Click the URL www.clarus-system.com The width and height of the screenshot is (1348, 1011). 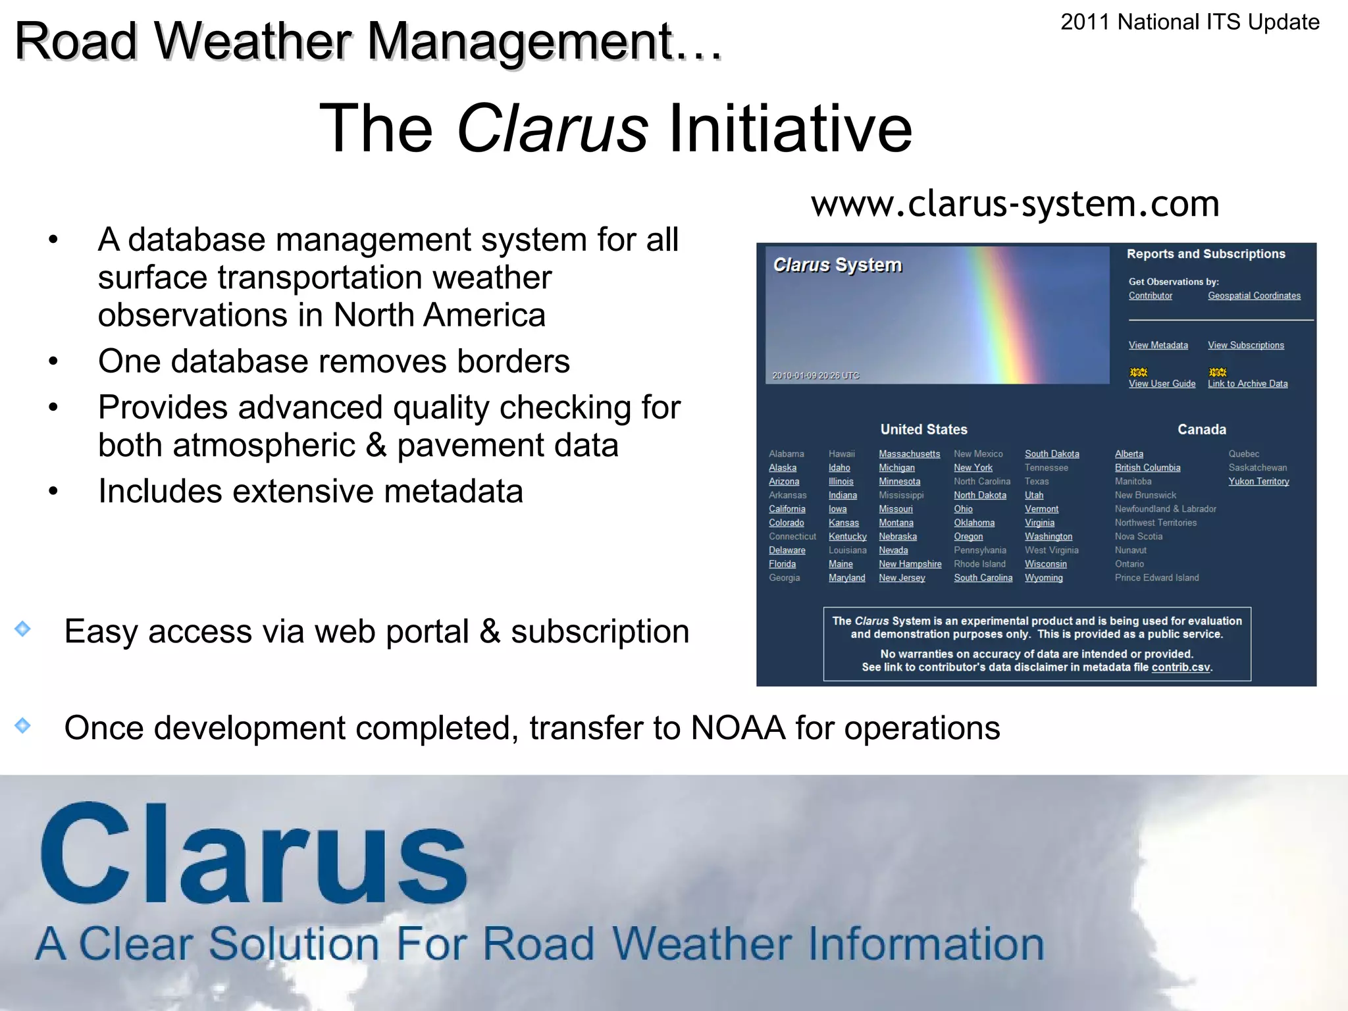[x=1015, y=204]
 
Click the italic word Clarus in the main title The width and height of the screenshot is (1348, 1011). [x=552, y=128]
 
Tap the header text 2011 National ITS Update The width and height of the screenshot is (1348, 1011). [x=1189, y=22]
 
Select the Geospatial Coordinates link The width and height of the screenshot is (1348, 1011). [x=1254, y=296]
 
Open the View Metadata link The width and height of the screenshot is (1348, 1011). [x=1158, y=346]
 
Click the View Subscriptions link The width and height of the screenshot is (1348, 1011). [x=1245, y=346]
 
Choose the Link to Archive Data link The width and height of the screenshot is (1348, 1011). [x=1247, y=384]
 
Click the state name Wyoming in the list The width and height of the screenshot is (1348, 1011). [x=1043, y=578]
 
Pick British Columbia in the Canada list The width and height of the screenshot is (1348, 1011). [x=1147, y=468]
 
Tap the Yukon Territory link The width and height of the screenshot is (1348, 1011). [x=1258, y=482]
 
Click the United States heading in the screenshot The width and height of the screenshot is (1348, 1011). [x=923, y=430]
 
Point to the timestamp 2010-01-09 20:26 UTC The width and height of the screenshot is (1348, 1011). [x=816, y=376]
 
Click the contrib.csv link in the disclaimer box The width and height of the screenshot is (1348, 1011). [x=1180, y=667]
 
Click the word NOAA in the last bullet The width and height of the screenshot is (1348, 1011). [x=737, y=729]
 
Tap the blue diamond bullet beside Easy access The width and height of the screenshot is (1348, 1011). [x=22, y=629]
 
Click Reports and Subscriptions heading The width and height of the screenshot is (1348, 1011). [x=1205, y=254]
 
